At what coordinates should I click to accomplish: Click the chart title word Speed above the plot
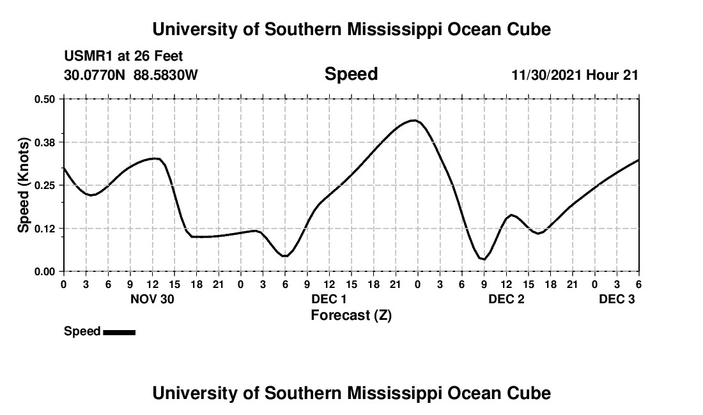tap(351, 74)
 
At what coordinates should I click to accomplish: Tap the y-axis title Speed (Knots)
tap(24, 185)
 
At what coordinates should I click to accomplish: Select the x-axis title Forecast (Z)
tap(351, 315)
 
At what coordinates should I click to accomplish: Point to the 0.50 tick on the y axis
tap(45, 99)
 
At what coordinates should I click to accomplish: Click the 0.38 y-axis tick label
tap(45, 142)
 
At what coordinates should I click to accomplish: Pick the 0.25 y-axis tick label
tap(45, 185)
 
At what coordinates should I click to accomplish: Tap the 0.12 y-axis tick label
tap(45, 229)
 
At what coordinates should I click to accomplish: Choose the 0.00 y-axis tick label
tap(45, 271)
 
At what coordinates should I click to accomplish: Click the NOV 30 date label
tap(152, 299)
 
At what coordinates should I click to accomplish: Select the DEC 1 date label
tap(329, 299)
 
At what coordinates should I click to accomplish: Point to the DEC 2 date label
tap(506, 299)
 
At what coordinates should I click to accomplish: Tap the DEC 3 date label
tap(617, 299)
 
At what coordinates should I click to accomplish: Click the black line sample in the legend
tap(119, 332)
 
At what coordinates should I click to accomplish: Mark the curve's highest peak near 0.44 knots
tap(414, 120)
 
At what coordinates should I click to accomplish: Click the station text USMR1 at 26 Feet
tap(123, 57)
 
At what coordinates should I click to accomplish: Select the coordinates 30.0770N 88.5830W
tap(131, 75)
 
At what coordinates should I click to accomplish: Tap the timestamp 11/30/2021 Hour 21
tap(575, 75)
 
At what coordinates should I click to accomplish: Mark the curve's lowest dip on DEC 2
tap(484, 259)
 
